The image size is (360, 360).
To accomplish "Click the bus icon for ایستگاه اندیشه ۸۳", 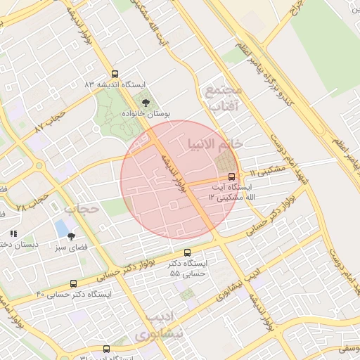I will pyautogui.click(x=115, y=74).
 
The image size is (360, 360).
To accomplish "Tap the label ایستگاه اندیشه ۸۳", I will pyautogui.click(x=115, y=84).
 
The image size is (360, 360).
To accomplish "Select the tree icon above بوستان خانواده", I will pyautogui.click(x=146, y=103).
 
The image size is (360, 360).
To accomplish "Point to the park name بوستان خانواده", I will pyautogui.click(x=146, y=113).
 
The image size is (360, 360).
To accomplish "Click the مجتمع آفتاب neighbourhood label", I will pyautogui.click(x=224, y=98).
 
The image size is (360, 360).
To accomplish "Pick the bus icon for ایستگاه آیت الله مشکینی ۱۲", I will pyautogui.click(x=233, y=176).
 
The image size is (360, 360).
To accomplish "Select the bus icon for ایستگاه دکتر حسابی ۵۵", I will pyautogui.click(x=187, y=252).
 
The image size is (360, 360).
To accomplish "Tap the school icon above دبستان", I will pyautogui.click(x=13, y=233).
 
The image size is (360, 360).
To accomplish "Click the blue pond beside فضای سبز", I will pyautogui.click(x=62, y=229).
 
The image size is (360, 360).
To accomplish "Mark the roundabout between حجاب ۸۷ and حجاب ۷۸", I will pyautogui.click(x=38, y=167).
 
